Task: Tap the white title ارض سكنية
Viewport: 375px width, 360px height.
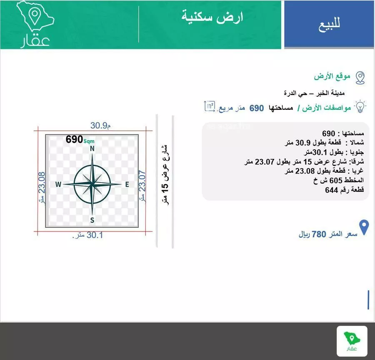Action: point(212,17)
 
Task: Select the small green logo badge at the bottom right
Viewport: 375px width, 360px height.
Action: point(352,341)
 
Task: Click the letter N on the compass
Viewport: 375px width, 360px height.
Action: point(92,148)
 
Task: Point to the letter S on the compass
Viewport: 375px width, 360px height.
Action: point(92,220)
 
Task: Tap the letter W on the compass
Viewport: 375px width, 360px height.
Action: point(58,184)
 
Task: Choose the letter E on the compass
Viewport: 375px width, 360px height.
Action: point(127,184)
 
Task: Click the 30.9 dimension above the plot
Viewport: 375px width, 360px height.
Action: point(100,125)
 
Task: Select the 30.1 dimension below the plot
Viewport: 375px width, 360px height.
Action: point(88,235)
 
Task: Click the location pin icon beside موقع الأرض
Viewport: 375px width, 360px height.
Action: point(360,77)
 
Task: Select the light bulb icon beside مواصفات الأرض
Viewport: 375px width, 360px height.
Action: point(360,106)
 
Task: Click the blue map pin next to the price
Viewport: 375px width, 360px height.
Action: point(364,228)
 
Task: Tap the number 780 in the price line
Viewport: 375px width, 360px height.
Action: point(319,234)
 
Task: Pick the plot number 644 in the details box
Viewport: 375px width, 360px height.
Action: point(332,190)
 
